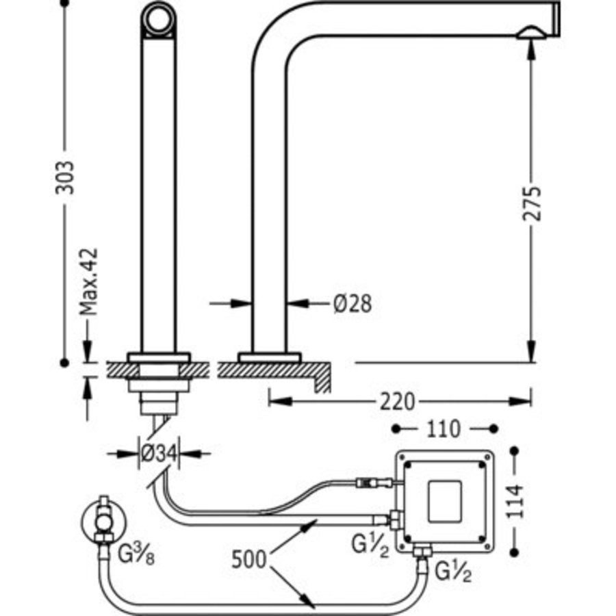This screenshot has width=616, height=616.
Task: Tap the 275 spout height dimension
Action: pyautogui.click(x=532, y=202)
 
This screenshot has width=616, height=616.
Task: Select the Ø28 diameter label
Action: pyautogui.click(x=352, y=303)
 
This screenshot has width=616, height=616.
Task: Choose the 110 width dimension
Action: pyautogui.click(x=444, y=429)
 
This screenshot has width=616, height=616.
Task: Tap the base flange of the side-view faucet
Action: pyautogui.click(x=269, y=357)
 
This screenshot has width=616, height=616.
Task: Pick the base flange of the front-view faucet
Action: pyautogui.click(x=158, y=357)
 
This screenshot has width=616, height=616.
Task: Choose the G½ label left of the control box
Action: pyautogui.click(x=370, y=547)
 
